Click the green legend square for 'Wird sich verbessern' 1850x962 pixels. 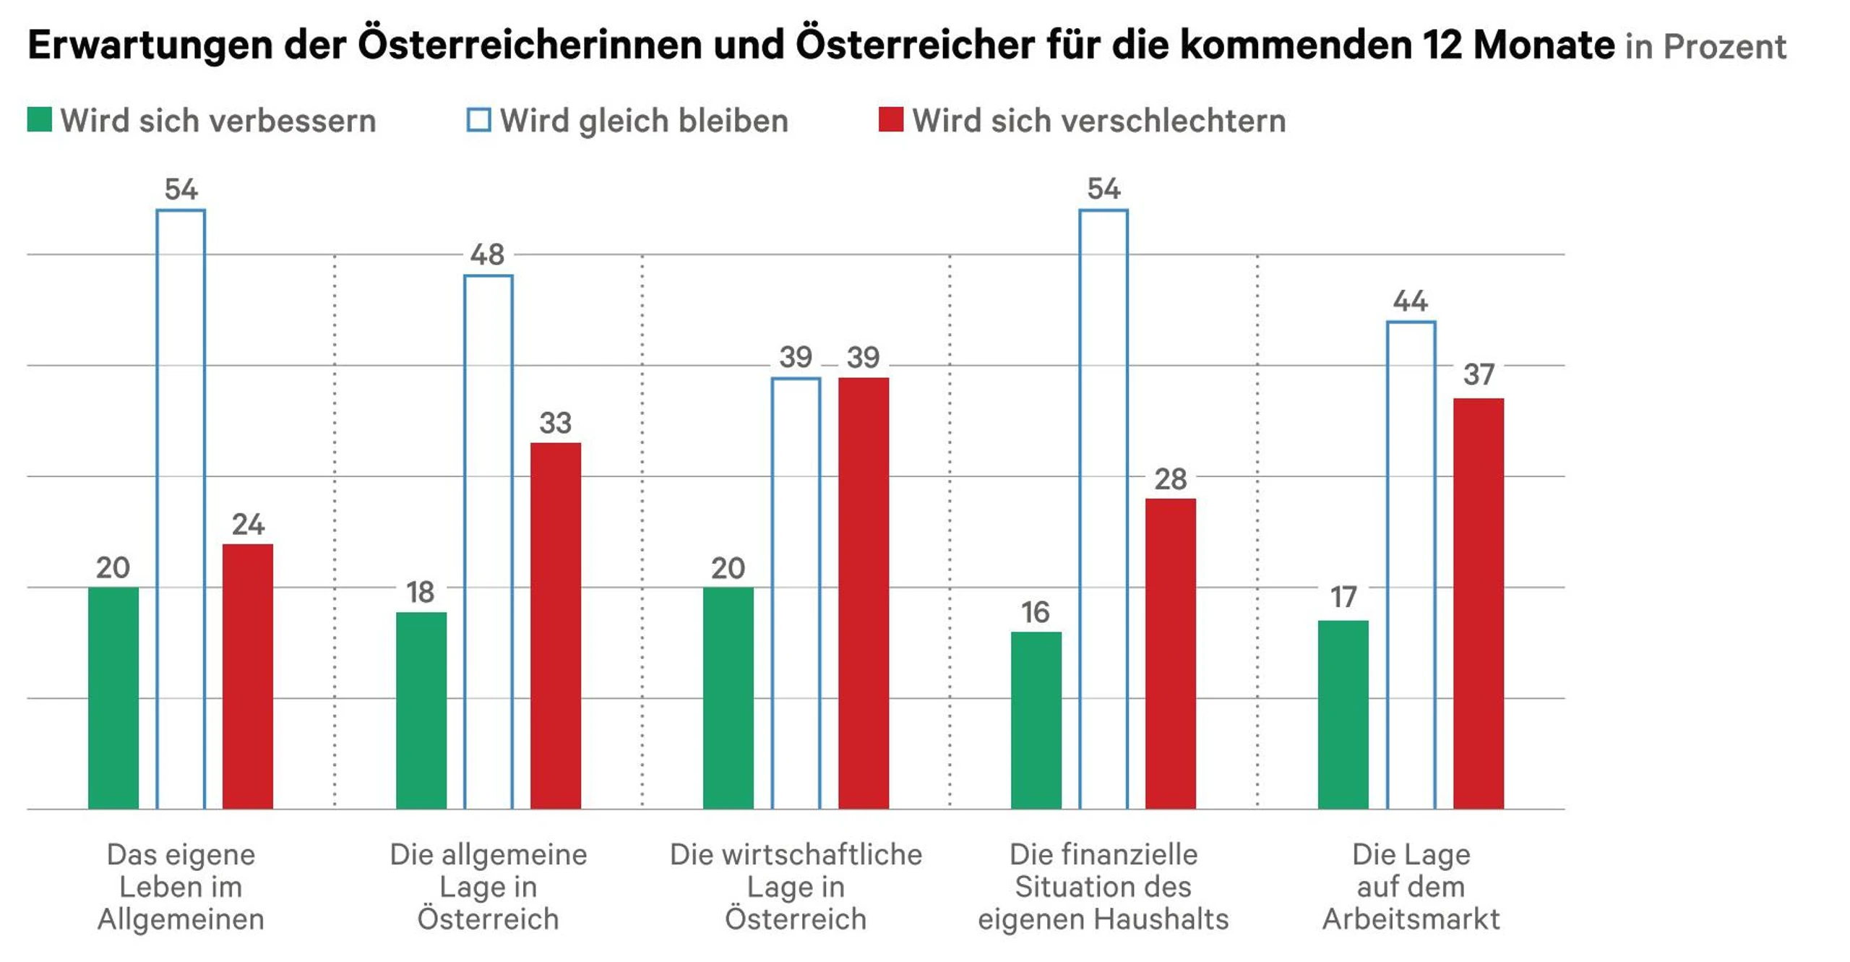tap(40, 120)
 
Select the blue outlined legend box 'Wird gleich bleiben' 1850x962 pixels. tap(478, 120)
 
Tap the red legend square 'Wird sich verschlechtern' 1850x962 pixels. tap(890, 120)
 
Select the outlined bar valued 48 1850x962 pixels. tap(489, 542)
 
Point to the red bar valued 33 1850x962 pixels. tap(556, 625)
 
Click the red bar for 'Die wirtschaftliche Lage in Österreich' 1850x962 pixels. tap(864, 593)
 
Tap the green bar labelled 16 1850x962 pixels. tap(1036, 720)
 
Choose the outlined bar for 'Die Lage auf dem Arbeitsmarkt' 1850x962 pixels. tap(1411, 565)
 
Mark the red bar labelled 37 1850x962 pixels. tap(1479, 604)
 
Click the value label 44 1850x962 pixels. tap(1410, 301)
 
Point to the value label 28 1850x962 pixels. tap(1171, 479)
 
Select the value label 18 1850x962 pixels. tap(420, 593)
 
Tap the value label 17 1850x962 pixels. tap(1343, 598)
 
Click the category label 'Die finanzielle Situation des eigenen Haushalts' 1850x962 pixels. tap(1103, 887)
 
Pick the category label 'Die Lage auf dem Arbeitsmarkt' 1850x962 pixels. tap(1411, 887)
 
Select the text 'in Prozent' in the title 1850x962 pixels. tap(1705, 47)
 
